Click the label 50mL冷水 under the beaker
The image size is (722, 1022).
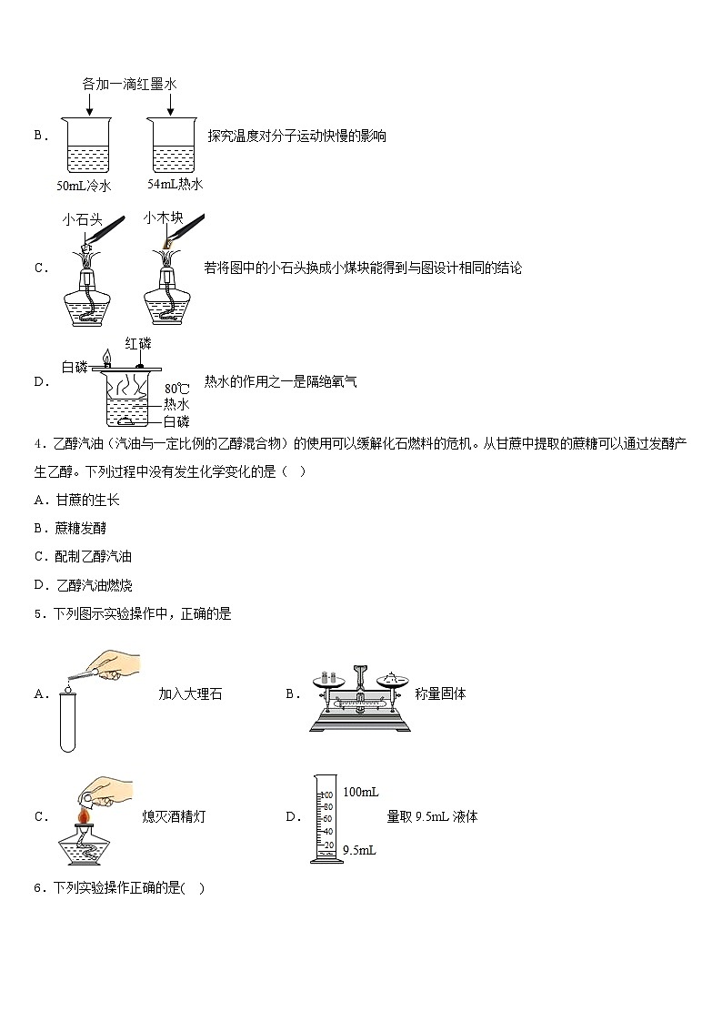[84, 186]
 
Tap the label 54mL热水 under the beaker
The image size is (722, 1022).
[175, 185]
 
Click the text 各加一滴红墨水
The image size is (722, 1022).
[128, 84]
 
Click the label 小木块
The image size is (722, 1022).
[164, 218]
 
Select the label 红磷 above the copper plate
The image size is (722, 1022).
[138, 343]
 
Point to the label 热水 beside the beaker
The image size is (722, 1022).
[176, 405]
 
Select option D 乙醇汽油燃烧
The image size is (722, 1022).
[87, 584]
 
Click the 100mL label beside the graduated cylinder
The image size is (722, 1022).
[360, 792]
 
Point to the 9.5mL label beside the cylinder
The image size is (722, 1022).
[359, 850]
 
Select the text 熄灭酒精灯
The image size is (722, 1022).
[175, 816]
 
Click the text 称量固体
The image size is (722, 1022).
[440, 693]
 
